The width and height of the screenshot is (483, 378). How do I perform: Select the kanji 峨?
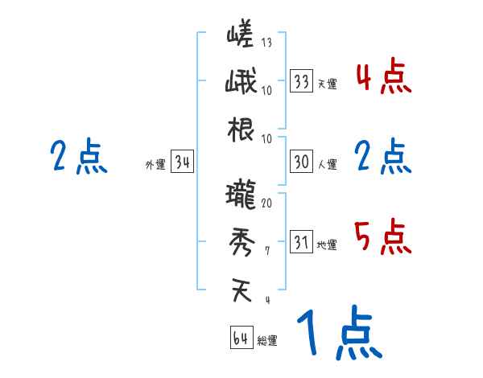[241, 83]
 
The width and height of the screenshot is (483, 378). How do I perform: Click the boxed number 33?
[301, 80]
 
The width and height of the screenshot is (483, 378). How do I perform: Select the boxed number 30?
[301, 162]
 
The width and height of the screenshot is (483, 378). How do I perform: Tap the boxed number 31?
[301, 242]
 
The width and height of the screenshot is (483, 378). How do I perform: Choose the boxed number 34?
[183, 163]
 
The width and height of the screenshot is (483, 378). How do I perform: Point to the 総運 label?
[267, 341]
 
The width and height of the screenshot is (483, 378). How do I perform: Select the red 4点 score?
[383, 78]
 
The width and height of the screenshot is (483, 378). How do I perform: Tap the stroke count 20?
[266, 203]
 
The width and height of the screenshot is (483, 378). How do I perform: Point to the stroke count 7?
[266, 252]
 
